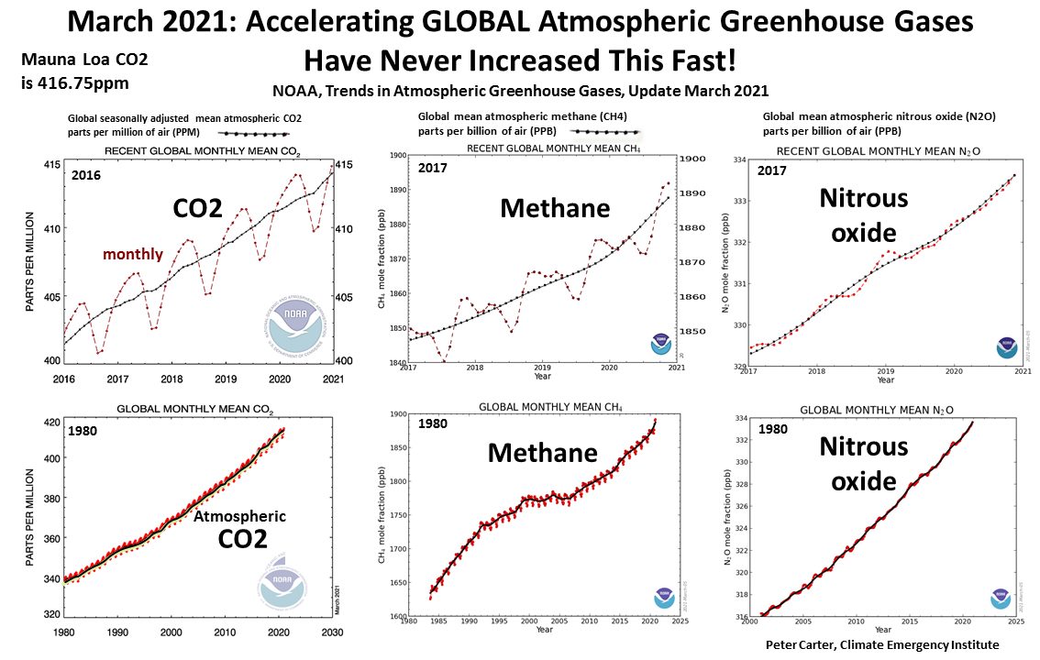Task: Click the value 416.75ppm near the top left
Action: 89,82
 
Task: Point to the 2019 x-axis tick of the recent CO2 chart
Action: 226,378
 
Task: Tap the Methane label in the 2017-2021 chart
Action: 555,208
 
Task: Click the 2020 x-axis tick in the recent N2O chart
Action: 954,372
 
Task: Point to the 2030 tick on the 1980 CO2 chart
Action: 333,632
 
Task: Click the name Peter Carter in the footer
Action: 803,645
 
